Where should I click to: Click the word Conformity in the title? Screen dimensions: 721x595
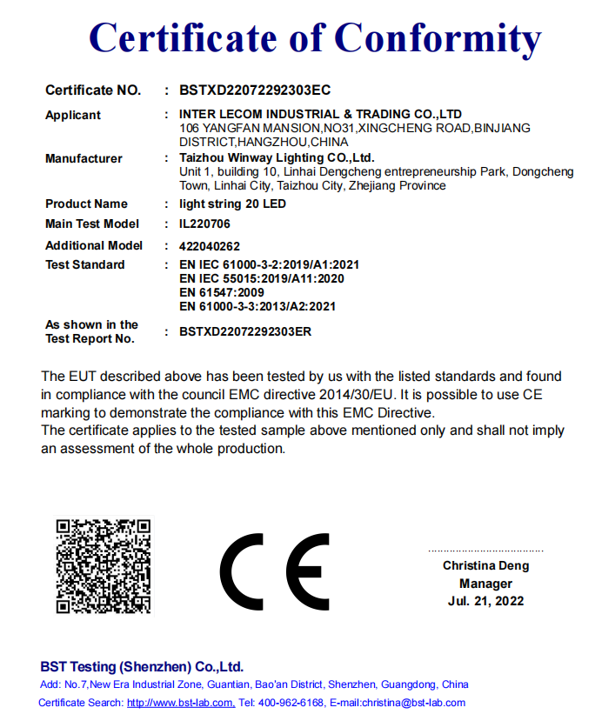tap(438, 38)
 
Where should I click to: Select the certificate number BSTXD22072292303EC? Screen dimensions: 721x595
tap(254, 90)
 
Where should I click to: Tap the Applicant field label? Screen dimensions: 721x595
tap(73, 115)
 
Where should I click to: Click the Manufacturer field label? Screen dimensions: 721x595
tap(84, 158)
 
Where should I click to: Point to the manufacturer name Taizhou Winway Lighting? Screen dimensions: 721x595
tap(277, 158)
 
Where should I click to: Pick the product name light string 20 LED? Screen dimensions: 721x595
tap(231, 204)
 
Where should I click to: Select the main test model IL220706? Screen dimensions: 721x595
tap(207, 224)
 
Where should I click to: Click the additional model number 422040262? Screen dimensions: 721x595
tap(209, 246)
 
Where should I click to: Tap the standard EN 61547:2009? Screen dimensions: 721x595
tap(221, 292)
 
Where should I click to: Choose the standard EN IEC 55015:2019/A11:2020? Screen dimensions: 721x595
tap(261, 278)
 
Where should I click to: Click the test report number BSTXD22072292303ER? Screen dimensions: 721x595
tap(245, 331)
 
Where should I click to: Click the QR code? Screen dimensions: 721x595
tap(104, 566)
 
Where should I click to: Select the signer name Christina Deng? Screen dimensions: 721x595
tap(485, 566)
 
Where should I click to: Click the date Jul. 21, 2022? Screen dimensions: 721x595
tap(485, 601)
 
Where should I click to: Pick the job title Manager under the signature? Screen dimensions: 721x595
tap(485, 584)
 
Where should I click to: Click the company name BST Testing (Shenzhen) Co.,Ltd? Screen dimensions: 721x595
tap(142, 667)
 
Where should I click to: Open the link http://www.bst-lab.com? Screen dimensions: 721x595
tap(180, 703)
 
